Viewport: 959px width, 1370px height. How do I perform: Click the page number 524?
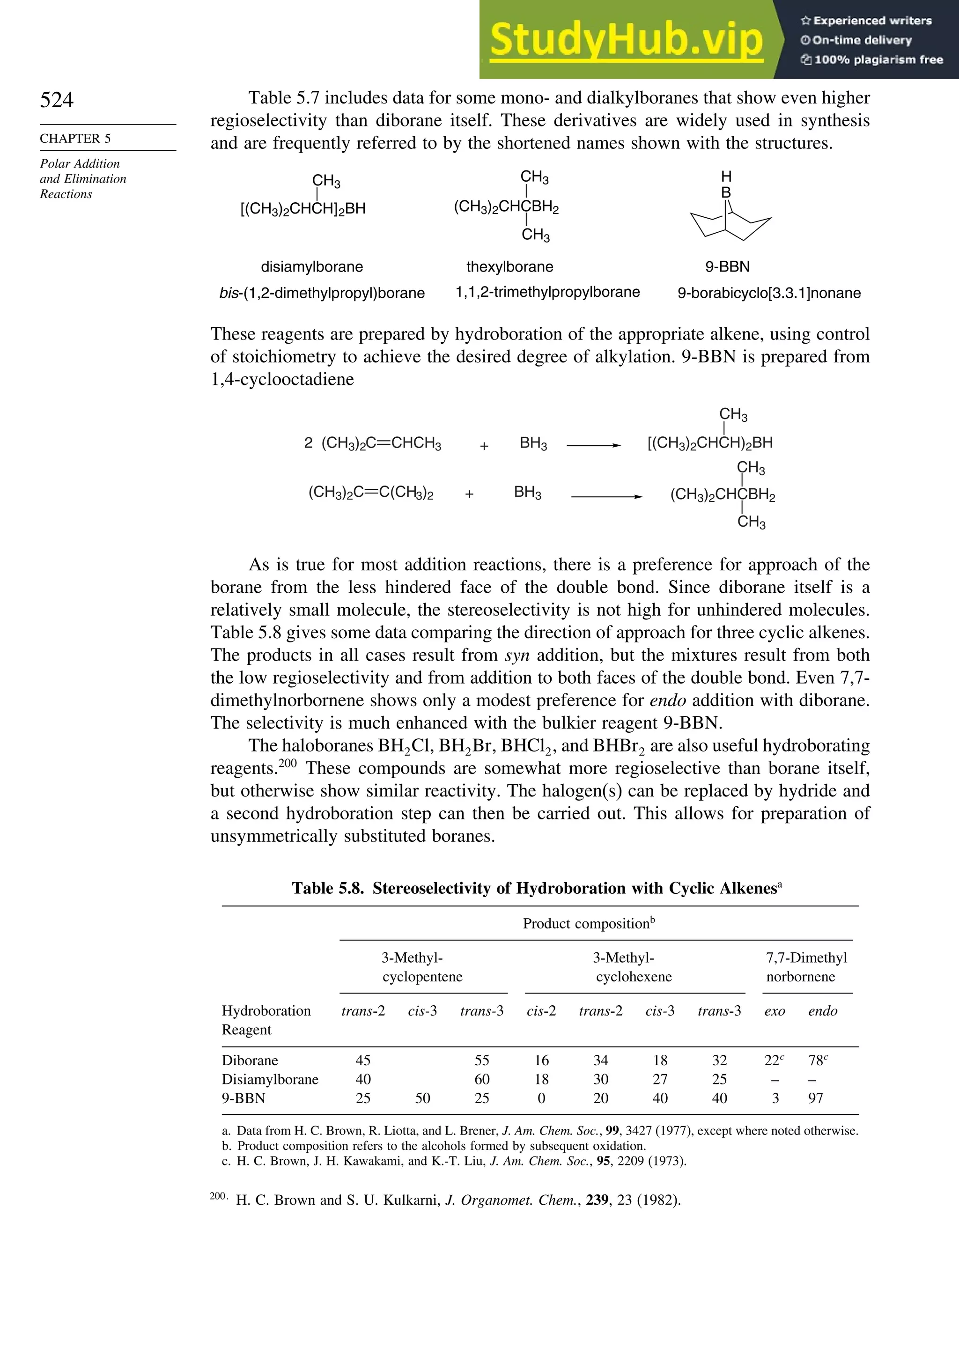[57, 100]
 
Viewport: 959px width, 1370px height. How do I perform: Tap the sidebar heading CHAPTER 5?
[75, 139]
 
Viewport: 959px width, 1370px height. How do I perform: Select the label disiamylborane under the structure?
[311, 267]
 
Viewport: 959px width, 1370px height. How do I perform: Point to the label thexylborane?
[509, 267]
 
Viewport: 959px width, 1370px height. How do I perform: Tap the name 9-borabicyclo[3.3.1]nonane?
[768, 293]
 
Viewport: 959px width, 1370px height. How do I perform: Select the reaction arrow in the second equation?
[606, 496]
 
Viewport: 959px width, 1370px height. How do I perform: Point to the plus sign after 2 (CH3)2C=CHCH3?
[484, 446]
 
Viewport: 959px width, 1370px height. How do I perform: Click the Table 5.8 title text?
[537, 889]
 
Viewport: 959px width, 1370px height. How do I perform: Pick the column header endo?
[822, 1011]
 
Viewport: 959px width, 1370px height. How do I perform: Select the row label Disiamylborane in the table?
[270, 1079]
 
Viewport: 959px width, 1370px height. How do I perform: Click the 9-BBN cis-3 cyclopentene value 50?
[422, 1098]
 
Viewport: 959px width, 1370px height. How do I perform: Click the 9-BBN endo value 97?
[815, 1098]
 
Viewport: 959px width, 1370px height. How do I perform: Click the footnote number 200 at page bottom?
[218, 1196]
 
